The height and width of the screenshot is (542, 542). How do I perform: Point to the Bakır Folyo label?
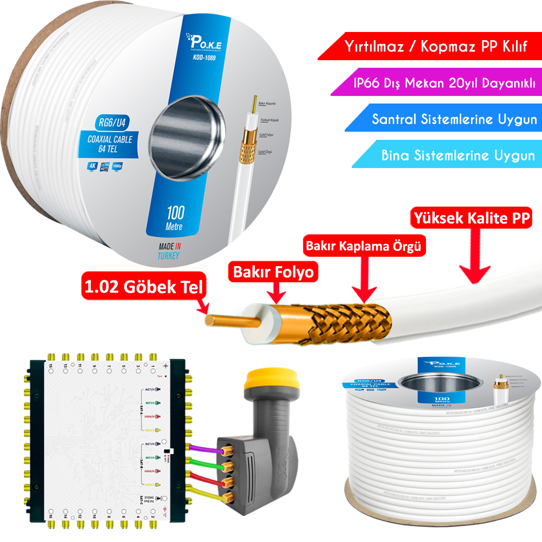[273, 272]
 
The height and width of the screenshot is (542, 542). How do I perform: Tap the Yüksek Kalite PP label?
[471, 218]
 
